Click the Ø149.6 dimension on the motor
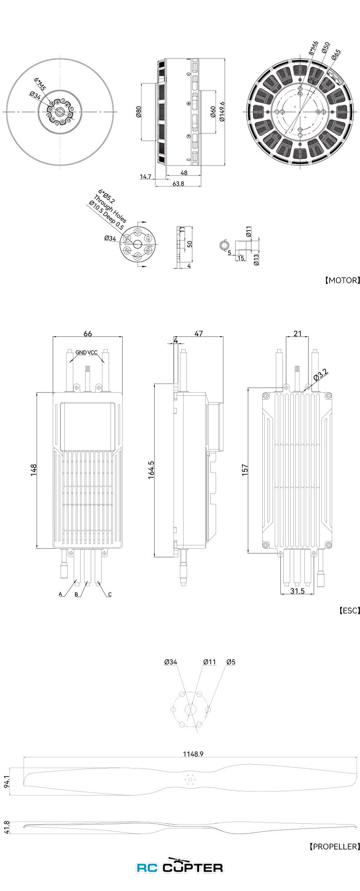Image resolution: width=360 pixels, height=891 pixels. click(222, 112)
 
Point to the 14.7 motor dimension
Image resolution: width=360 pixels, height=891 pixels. click(146, 176)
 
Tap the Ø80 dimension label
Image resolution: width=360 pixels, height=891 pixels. click(138, 112)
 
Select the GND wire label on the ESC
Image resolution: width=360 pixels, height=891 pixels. click(81, 353)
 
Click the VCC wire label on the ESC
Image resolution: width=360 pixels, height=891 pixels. click(93, 353)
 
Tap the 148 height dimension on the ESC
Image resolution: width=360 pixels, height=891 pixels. click(34, 469)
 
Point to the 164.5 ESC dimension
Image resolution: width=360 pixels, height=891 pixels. click(151, 470)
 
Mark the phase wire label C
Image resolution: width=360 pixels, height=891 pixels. click(110, 595)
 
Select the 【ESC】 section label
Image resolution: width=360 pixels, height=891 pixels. click(348, 610)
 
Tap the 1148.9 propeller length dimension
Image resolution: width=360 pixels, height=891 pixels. click(192, 753)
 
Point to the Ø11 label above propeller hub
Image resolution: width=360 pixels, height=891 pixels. click(210, 662)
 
